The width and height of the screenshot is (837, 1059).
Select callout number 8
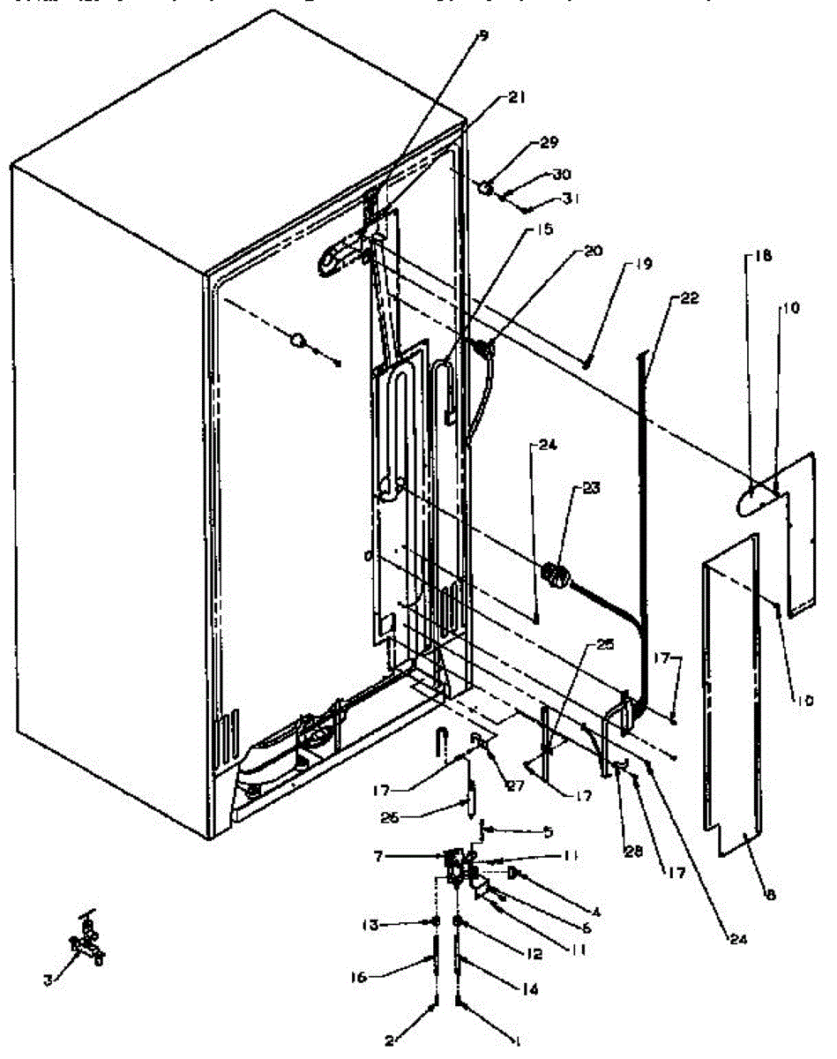pos(771,895)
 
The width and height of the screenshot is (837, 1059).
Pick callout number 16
pos(382,977)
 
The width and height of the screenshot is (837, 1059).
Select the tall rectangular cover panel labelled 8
pos(732,706)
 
